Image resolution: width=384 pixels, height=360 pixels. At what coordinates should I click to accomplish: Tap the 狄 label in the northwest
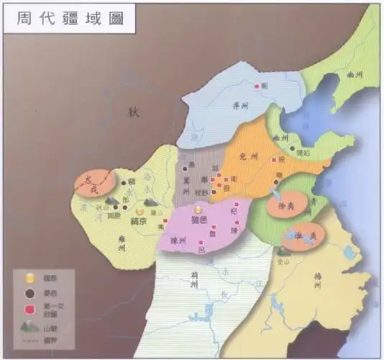coord(132,112)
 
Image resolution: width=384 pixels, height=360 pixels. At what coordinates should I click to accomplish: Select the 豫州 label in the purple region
coord(179,241)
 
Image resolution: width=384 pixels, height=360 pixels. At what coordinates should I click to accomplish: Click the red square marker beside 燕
coord(255,87)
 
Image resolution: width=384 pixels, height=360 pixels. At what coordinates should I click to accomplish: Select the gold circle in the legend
coord(28,277)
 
